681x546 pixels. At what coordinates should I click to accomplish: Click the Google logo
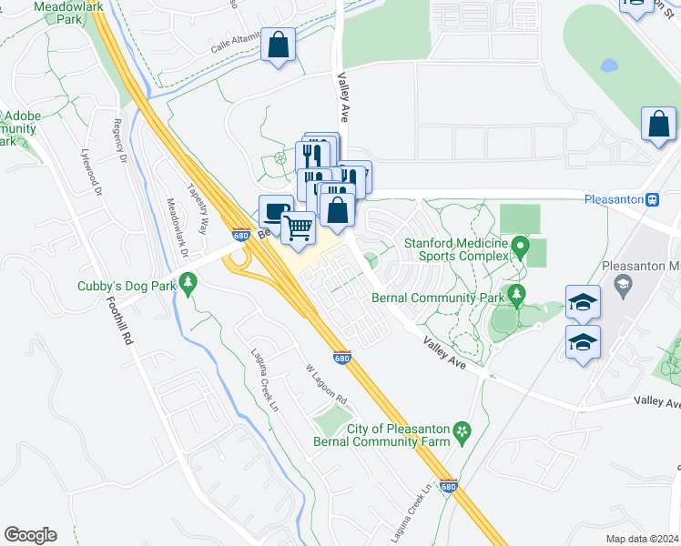tap(30, 535)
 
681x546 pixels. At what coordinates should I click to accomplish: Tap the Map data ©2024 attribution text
tap(643, 539)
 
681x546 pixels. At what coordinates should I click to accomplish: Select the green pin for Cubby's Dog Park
tap(188, 284)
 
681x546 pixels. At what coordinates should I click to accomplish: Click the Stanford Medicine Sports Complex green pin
tap(520, 246)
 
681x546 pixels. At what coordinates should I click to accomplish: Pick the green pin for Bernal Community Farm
tap(462, 430)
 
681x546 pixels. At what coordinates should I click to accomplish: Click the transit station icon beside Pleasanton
tap(652, 199)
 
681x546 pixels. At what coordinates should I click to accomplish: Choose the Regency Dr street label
tap(119, 141)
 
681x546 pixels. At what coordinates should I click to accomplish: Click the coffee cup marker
tap(276, 211)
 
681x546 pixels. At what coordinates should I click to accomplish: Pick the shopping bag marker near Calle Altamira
tap(279, 45)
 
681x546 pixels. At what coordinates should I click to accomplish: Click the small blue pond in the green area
tap(608, 66)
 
